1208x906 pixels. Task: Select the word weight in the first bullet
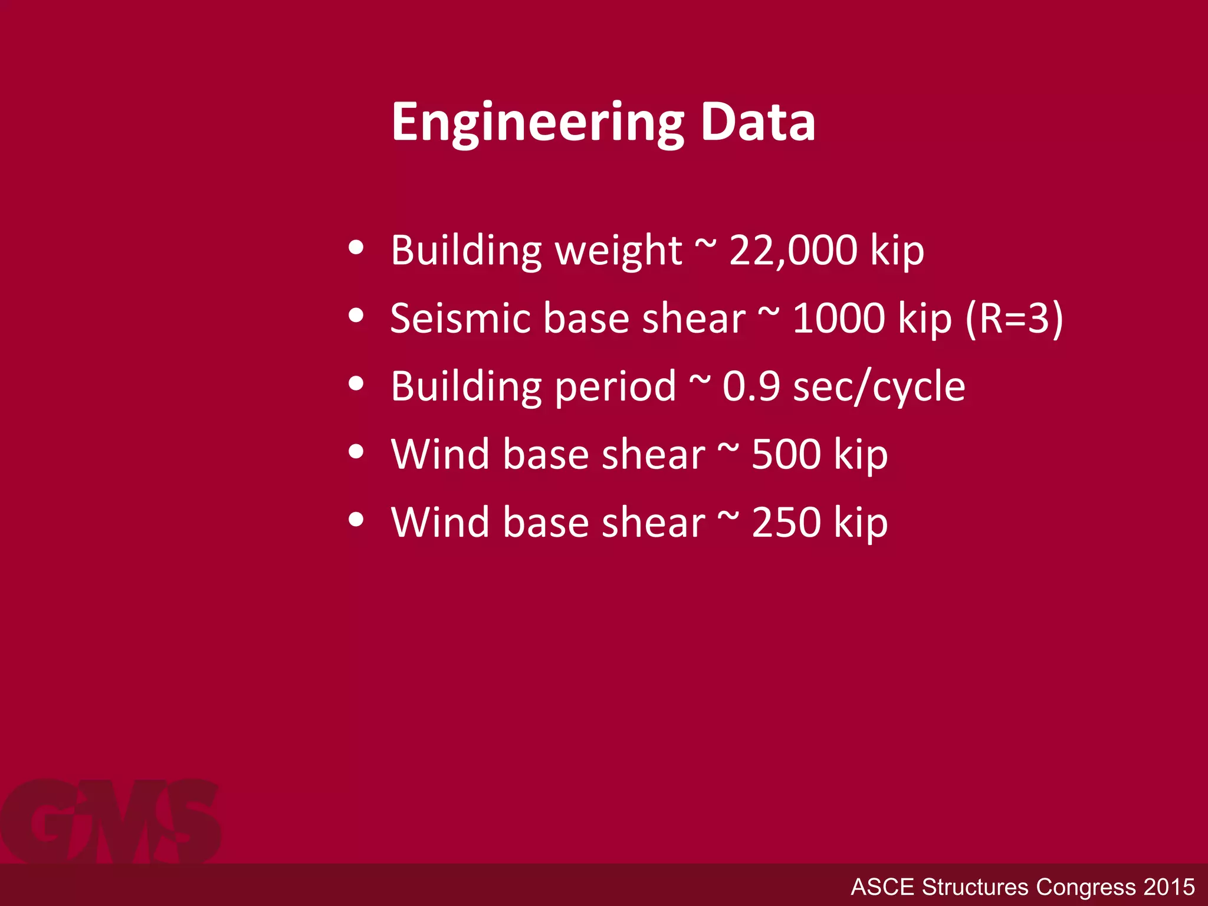coord(619,251)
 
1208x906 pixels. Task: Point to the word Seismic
coord(461,319)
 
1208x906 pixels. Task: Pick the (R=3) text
coord(1014,319)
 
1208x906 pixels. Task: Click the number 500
coord(786,455)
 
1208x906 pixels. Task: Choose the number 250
coord(786,523)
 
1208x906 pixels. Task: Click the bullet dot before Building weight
coord(356,248)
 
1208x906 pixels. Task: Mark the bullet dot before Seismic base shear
coord(356,316)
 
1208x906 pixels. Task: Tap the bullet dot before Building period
coord(356,384)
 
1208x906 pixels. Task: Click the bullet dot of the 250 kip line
coord(356,520)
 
